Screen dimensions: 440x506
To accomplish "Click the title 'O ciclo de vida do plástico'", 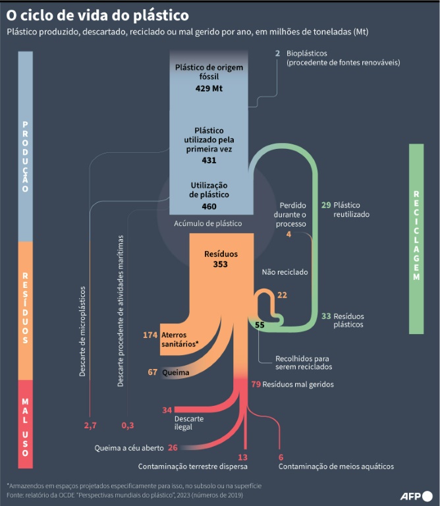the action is (97, 16).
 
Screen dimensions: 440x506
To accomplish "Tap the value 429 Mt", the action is (209, 88).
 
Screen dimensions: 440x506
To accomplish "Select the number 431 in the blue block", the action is (209, 160).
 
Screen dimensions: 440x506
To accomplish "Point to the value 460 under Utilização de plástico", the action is (209, 206).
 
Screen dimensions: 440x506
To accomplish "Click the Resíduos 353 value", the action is (220, 264).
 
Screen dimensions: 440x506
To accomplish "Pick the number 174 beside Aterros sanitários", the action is (150, 335).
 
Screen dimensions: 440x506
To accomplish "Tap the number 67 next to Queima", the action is (153, 372).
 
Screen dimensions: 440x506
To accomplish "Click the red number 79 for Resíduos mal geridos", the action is (256, 384).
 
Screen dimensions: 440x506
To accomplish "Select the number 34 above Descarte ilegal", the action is (167, 410).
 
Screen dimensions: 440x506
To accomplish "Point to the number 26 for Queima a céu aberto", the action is (173, 447).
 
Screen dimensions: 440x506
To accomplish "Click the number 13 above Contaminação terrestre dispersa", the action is (242, 457).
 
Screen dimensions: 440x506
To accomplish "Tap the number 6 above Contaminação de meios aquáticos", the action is (281, 457).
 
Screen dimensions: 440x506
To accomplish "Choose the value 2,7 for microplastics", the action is (90, 426).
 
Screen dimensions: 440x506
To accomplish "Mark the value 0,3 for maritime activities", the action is (128, 426).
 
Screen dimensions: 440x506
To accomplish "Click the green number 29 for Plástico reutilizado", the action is (326, 205).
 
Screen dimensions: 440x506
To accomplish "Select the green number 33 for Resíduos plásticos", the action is (326, 316).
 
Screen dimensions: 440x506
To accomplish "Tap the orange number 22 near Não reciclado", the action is (282, 295).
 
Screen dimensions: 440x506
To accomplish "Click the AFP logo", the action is (416, 496).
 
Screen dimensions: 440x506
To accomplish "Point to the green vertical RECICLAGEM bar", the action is (416, 239).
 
